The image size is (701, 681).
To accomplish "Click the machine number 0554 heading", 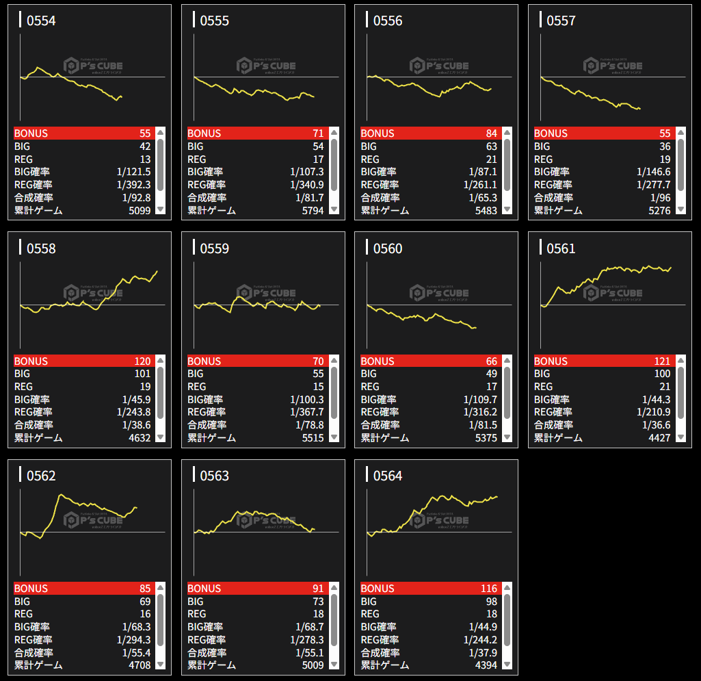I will tap(41, 21).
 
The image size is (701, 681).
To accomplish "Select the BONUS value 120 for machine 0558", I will tap(142, 361).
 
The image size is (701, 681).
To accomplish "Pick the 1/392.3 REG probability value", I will tap(133, 185).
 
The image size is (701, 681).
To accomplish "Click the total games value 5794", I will tap(313, 210).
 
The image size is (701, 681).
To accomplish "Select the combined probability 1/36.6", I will tap(654, 425).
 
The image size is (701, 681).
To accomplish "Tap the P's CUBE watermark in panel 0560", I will tap(439, 294).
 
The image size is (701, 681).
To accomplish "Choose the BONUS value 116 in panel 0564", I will tap(488, 589).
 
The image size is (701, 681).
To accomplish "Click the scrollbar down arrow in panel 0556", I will tap(507, 210).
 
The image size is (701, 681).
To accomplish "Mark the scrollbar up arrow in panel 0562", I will tap(161, 587).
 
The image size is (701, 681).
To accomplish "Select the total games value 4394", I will tap(486, 665).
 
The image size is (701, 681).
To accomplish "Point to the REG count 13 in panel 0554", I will tap(145, 159).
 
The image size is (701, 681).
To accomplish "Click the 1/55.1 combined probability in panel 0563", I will tap(310, 653).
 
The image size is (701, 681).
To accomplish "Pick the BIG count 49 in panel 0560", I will tap(491, 374).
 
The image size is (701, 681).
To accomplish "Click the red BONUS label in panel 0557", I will tap(551, 133).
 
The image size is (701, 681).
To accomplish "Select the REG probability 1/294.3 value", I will tap(133, 640).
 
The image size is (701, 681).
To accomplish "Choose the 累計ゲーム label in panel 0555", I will tap(212, 210).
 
